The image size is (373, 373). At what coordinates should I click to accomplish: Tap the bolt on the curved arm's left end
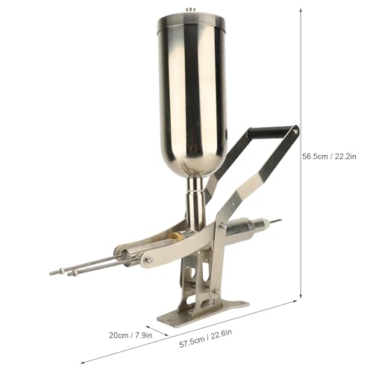[148, 260]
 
